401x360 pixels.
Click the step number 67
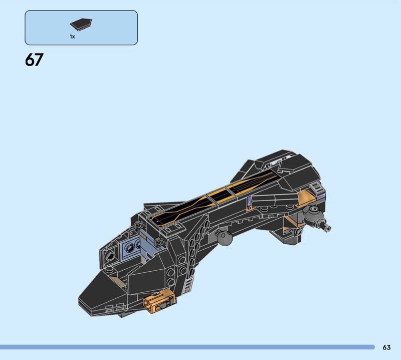point(34,60)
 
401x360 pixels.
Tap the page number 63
point(386,347)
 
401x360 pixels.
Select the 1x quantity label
point(72,37)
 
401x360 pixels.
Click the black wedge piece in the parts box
point(81,24)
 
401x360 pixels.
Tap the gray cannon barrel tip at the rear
point(327,228)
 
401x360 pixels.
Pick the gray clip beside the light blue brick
point(158,241)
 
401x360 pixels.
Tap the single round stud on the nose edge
point(109,268)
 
